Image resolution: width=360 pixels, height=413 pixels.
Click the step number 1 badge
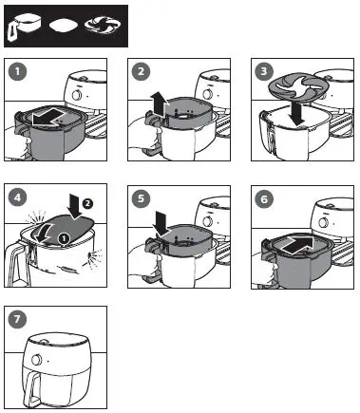tap(17, 71)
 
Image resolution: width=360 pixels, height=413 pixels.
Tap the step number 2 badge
tap(141, 71)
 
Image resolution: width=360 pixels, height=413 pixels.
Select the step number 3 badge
tap(264, 71)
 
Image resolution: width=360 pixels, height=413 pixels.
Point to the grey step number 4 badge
tap(17, 197)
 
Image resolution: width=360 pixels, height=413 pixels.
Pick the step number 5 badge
tap(141, 198)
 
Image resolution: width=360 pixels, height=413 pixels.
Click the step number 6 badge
tap(264, 199)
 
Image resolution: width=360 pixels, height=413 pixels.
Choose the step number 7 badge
tap(17, 319)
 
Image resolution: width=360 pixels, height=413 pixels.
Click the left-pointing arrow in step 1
tap(48, 117)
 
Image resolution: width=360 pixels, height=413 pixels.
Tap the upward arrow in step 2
tap(158, 103)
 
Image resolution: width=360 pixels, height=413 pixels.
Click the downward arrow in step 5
tap(161, 224)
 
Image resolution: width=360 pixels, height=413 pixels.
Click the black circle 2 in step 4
tap(87, 203)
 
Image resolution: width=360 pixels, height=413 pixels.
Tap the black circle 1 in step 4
tap(64, 237)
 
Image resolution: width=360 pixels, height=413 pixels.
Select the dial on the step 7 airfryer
tap(37, 360)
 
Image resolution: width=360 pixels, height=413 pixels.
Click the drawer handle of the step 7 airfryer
tap(32, 385)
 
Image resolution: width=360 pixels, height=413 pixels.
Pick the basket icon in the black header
tap(25, 28)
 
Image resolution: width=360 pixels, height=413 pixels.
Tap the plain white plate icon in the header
tap(64, 26)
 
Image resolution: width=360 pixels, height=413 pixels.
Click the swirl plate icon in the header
tap(103, 26)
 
